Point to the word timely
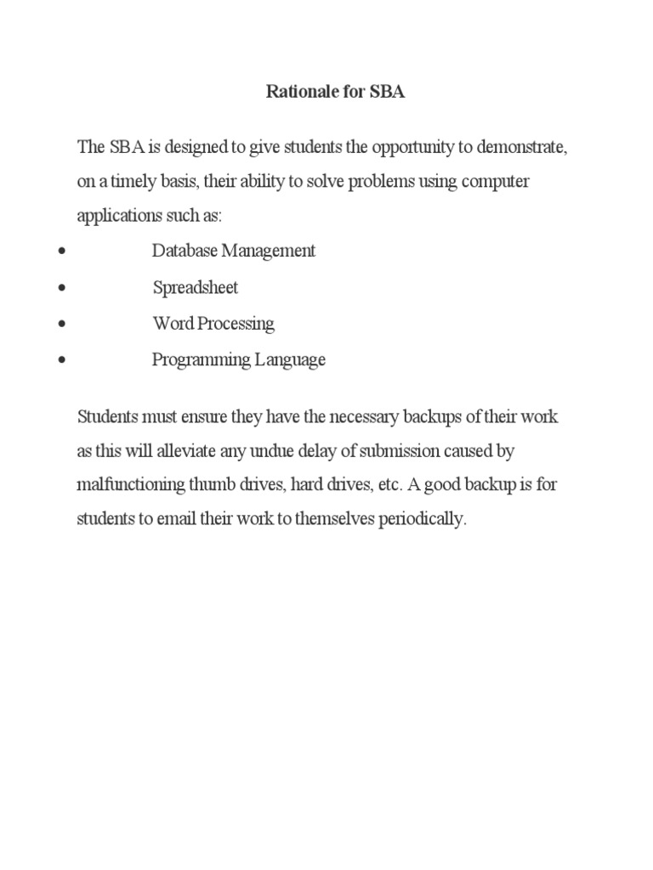[x=136, y=182]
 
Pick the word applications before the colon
[x=118, y=216]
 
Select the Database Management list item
[x=234, y=251]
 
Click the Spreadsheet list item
[x=196, y=287]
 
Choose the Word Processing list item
[x=213, y=324]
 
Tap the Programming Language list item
[x=239, y=359]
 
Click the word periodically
[x=422, y=519]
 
